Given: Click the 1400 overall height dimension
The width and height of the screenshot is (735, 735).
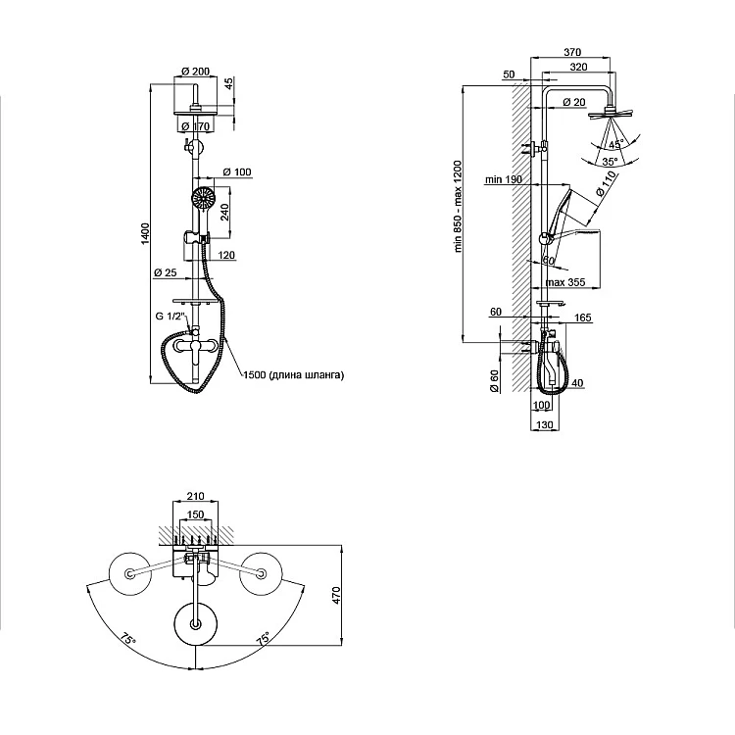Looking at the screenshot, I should (145, 232).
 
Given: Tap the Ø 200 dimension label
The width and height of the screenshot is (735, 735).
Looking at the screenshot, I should (196, 72).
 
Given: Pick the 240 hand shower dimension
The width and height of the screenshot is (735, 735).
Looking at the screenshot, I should (224, 212).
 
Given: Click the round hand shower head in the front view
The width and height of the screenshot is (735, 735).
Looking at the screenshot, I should (203, 197).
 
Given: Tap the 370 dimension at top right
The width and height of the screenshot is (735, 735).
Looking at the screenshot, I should (573, 53).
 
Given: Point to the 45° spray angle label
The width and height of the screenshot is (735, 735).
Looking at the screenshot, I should (615, 143).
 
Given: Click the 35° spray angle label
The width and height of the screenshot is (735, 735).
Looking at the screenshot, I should (609, 162).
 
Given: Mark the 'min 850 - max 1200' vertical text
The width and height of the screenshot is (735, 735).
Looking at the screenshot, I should (458, 207).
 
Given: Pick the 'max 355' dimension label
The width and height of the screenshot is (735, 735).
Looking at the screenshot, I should (565, 283).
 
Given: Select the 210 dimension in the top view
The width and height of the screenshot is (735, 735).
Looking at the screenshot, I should (196, 497).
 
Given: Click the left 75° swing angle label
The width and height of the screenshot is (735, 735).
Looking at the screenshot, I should (127, 639).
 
